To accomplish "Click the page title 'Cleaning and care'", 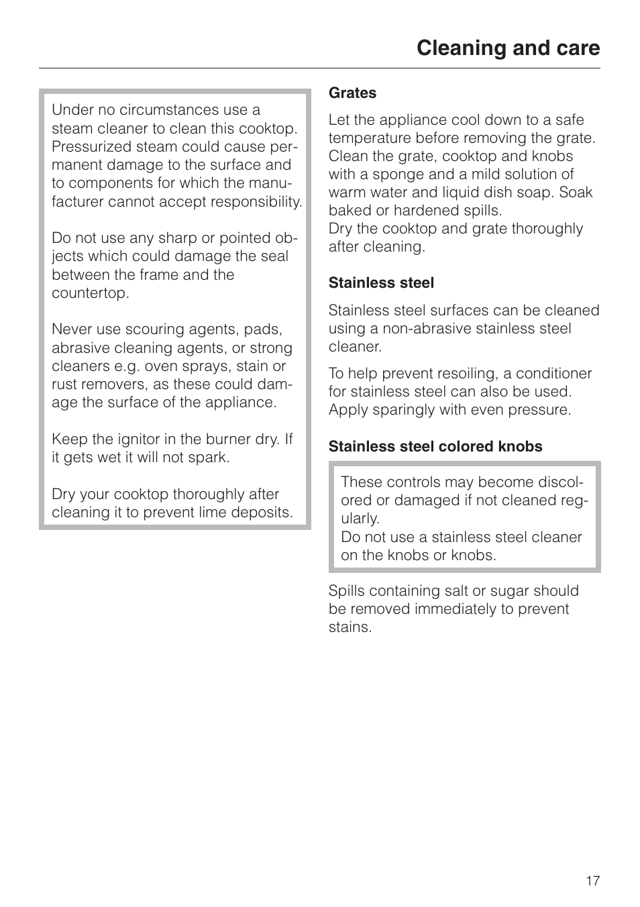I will point(508,48).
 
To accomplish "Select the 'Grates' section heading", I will point(352,93).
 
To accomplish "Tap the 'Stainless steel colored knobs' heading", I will point(435,447).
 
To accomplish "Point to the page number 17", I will point(592,881).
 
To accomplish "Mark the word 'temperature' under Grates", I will point(369,138).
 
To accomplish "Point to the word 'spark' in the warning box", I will point(209,458).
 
